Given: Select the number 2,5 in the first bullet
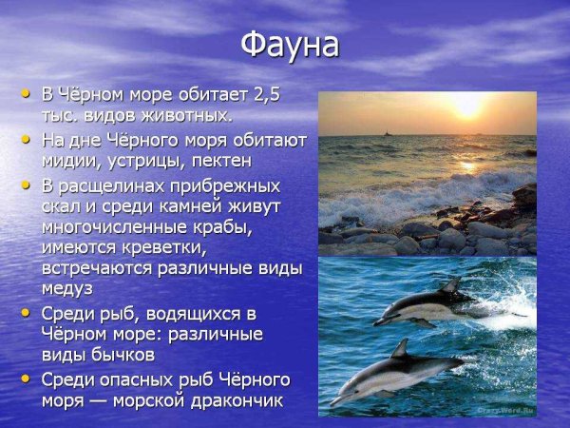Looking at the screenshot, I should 265,95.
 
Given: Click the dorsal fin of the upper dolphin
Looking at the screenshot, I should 451,285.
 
